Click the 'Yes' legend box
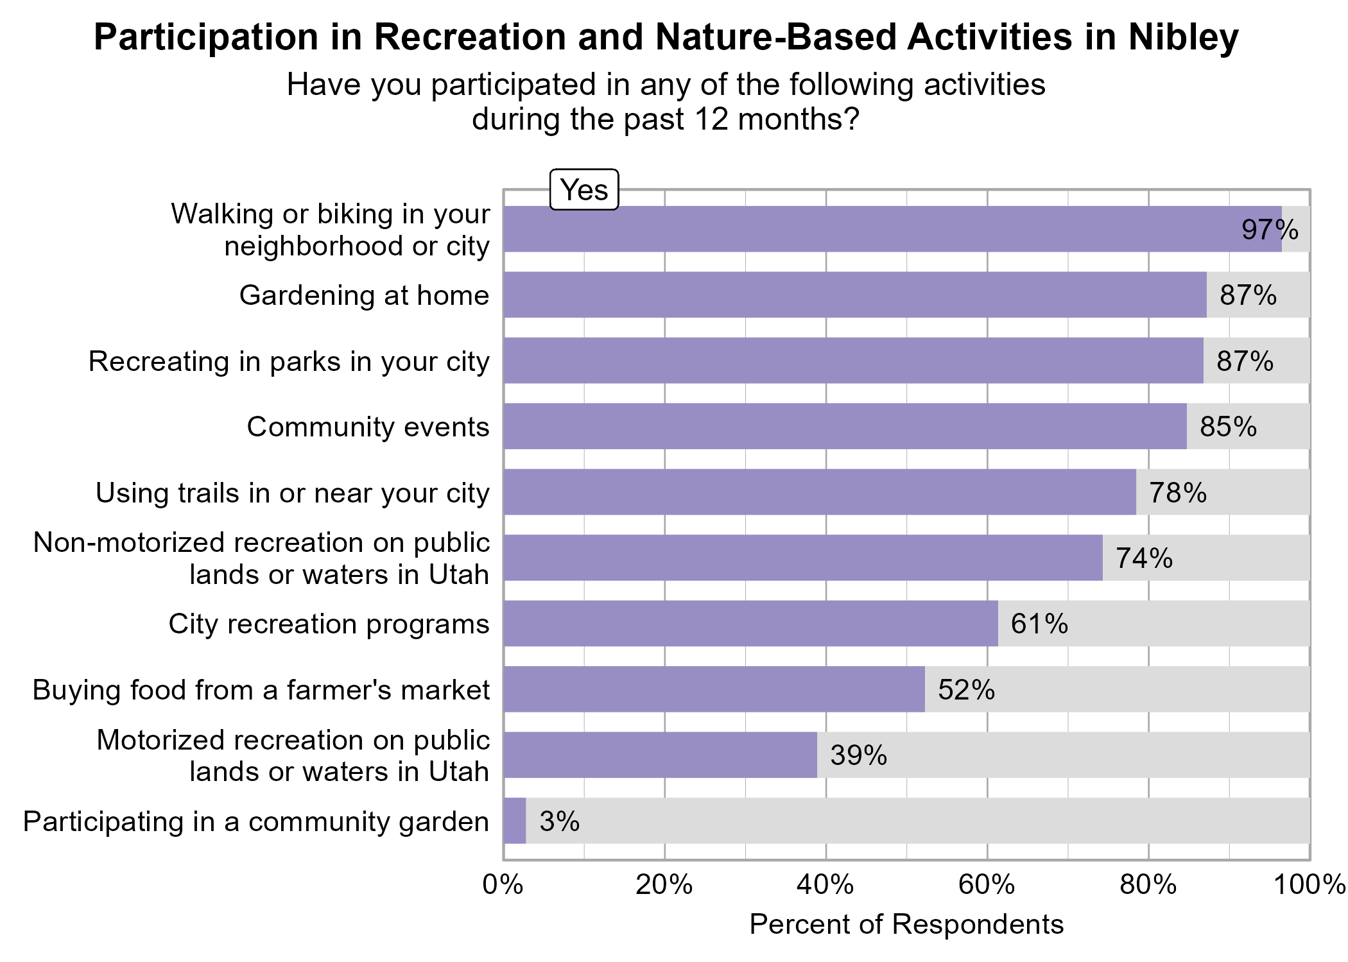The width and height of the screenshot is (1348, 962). click(x=583, y=190)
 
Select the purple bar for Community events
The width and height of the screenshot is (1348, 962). click(x=845, y=426)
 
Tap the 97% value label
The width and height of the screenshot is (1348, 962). click(x=1269, y=230)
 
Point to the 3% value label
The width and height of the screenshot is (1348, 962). click(x=559, y=821)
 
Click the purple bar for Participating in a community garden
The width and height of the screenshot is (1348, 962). click(x=515, y=821)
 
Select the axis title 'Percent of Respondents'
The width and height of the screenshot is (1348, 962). click(x=906, y=925)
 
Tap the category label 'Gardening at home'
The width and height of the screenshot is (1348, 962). click(x=364, y=296)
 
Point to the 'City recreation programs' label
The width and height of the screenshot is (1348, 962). click(x=329, y=624)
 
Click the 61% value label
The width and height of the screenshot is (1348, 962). click(x=1039, y=624)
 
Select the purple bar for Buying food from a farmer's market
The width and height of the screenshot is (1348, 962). click(x=714, y=689)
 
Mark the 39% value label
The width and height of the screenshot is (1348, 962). click(x=858, y=755)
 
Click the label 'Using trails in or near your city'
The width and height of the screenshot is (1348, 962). click(x=292, y=494)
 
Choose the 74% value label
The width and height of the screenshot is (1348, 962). click(x=1144, y=558)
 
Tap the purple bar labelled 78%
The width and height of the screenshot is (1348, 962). click(x=819, y=492)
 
